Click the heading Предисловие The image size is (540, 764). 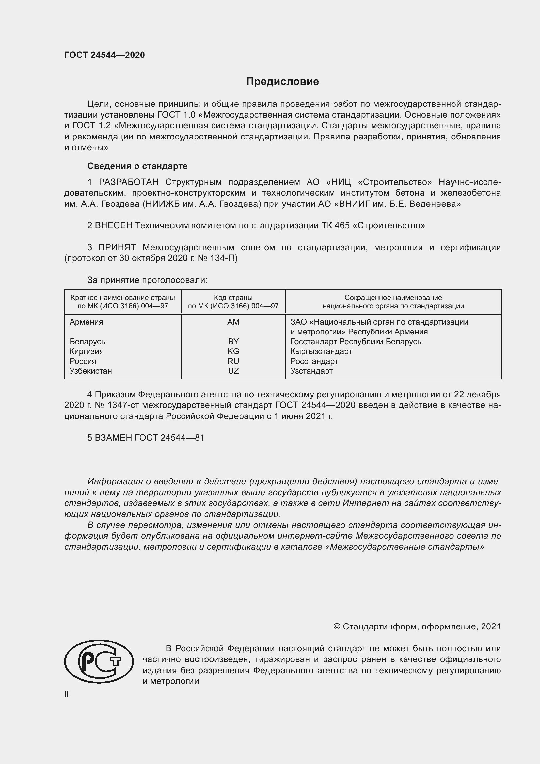282,82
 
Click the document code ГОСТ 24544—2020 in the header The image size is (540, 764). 104,55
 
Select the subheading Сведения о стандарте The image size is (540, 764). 137,166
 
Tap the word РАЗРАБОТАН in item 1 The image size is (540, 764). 128,182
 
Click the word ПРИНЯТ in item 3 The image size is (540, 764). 117,247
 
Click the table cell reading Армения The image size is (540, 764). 87,322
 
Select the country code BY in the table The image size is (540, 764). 233,342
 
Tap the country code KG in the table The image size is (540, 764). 233,351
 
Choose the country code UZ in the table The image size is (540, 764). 233,371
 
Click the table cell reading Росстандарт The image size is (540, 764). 314,361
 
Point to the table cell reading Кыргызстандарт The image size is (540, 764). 321,351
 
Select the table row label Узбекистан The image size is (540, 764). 91,371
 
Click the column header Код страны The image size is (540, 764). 233,298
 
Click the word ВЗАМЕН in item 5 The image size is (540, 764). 114,438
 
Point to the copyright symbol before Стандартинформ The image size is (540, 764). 337,626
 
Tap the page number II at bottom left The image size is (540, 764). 67,694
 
